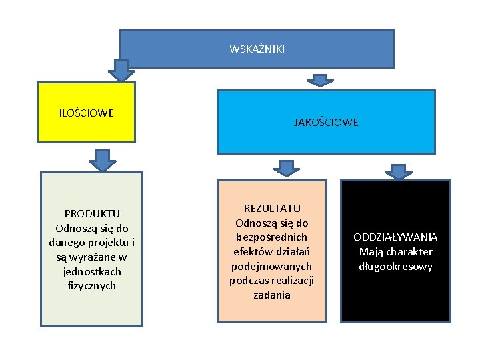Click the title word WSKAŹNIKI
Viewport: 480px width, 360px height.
[x=257, y=49]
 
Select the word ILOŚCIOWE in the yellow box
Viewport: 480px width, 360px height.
[x=86, y=112]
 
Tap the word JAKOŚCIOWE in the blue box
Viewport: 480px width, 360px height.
[x=326, y=122]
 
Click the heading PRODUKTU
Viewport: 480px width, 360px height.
[x=92, y=213]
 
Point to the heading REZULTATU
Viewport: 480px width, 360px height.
[x=272, y=208]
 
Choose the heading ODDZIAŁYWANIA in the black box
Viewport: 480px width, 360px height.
[x=395, y=237]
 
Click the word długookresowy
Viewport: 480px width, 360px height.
[x=395, y=267]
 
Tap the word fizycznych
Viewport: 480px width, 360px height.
[x=92, y=286]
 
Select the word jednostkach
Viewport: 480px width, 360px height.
[x=92, y=271]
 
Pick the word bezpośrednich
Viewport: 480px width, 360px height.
[x=272, y=237]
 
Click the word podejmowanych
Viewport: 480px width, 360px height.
[x=272, y=266]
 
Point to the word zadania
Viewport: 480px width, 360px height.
[x=272, y=295]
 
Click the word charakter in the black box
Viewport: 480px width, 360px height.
[x=409, y=251]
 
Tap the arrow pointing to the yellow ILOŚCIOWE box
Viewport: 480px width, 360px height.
[x=121, y=70]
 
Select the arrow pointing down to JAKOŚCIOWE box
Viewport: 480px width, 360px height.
[x=321, y=81]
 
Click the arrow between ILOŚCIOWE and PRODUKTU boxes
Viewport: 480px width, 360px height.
[x=102, y=160]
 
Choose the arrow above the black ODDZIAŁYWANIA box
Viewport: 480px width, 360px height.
[x=399, y=171]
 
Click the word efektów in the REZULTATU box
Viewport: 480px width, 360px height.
[x=249, y=251]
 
